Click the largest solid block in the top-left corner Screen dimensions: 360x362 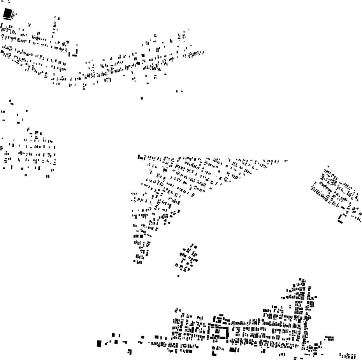click(7, 14)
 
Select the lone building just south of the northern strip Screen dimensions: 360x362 click(142, 98)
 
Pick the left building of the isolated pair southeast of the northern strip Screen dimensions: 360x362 click(177, 91)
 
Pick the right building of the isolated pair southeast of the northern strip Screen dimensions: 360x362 click(181, 91)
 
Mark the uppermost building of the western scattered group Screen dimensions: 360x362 click(10, 101)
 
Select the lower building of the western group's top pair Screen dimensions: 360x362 click(12, 104)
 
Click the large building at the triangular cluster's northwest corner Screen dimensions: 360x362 click(141, 157)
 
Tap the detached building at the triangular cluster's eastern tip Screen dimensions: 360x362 click(286, 161)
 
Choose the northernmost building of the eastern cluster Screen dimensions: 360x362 click(328, 166)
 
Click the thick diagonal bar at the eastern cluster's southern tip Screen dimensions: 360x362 click(340, 222)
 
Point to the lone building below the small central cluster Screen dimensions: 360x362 click(178, 276)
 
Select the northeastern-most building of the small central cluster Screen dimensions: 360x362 click(195, 246)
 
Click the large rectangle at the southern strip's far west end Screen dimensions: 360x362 click(99, 343)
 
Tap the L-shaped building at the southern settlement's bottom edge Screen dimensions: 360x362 click(214, 352)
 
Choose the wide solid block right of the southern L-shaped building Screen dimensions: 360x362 click(234, 350)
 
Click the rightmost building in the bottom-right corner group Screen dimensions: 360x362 click(355, 356)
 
